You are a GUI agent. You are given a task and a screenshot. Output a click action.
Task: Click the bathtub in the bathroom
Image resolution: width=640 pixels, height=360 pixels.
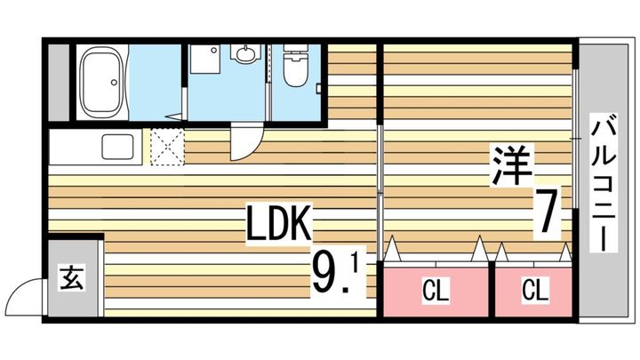pos(102,83)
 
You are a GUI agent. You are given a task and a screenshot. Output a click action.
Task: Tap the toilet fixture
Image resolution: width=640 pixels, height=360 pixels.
pos(295,65)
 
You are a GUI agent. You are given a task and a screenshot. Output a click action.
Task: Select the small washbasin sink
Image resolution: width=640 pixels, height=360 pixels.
pos(245,53)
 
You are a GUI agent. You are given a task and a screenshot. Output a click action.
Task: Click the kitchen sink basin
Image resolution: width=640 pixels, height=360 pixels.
pos(117,147)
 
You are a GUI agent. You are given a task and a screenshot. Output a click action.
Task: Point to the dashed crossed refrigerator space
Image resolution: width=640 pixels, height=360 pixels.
pos(167,147)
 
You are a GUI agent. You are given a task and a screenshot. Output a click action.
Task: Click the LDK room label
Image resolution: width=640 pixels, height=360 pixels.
pos(279,224)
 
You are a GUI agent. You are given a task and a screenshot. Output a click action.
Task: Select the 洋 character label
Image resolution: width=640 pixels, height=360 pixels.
pos(512,165)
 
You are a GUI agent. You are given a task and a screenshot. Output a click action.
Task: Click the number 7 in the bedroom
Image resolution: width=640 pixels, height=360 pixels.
pos(547,214)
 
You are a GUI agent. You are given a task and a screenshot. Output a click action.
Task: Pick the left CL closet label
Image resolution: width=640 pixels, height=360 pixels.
pos(436,290)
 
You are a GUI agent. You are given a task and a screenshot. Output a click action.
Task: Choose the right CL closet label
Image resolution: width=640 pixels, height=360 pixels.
pos(534,290)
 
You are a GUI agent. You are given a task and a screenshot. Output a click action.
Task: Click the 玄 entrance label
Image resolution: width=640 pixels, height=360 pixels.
pos(72,277)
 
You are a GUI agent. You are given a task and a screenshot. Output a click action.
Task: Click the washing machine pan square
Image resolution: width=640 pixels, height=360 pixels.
pos(205,59)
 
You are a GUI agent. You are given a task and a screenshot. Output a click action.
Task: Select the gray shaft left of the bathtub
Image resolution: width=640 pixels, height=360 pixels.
pos(59,83)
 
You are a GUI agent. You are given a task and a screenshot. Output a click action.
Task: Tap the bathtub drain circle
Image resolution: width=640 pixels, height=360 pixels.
pos(115,83)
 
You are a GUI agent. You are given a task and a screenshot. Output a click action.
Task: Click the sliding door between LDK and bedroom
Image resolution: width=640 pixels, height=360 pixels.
pos(380,192)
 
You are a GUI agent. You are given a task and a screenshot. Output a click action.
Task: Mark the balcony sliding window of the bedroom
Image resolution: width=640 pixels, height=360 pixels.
pos(575,139)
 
